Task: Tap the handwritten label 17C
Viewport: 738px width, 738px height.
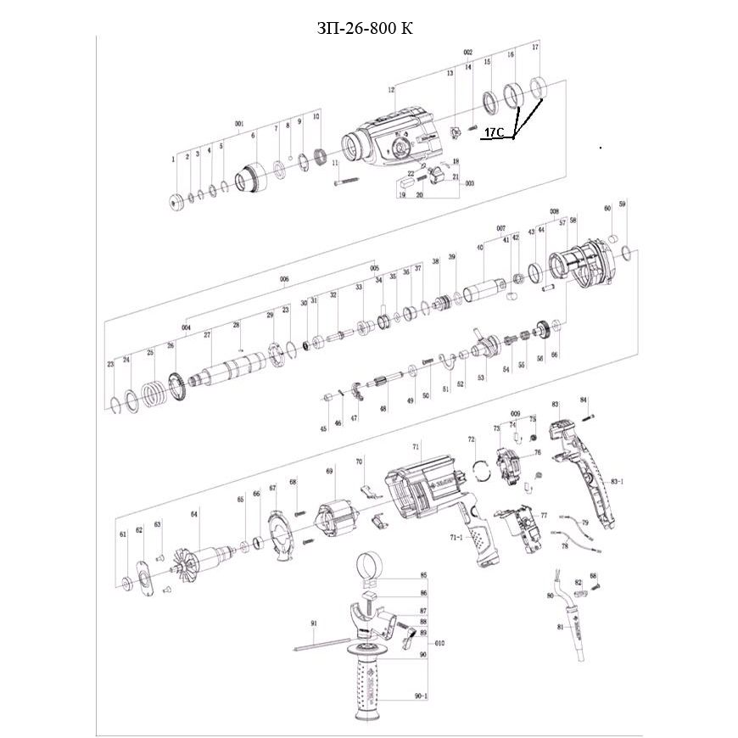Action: (494, 133)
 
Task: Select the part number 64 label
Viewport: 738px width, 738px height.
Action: (194, 514)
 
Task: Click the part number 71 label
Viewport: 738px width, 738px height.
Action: (417, 446)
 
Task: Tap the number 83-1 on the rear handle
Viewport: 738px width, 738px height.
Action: (617, 482)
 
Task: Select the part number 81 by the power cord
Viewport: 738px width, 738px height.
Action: (561, 627)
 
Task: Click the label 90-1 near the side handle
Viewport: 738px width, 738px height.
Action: (422, 696)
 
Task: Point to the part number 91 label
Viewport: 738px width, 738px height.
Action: (313, 623)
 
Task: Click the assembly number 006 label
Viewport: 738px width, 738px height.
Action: (284, 278)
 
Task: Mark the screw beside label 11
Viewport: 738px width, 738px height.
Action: (348, 180)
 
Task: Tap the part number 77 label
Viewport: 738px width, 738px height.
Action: (544, 515)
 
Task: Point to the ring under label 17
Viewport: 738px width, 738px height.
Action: (538, 87)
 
